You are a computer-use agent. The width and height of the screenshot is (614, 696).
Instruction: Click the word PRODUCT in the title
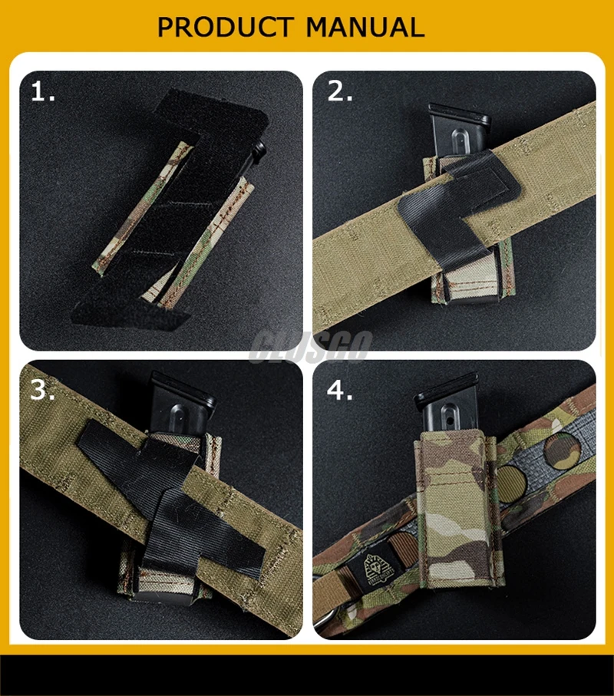(226, 27)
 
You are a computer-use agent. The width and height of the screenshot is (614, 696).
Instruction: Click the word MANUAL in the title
(365, 27)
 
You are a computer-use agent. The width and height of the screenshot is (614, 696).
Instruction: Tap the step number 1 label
(43, 92)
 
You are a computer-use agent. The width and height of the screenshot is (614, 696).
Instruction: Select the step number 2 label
(340, 91)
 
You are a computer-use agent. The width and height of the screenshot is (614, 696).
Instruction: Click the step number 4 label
(340, 389)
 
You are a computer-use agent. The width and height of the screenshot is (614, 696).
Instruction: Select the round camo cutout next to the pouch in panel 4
(510, 484)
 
